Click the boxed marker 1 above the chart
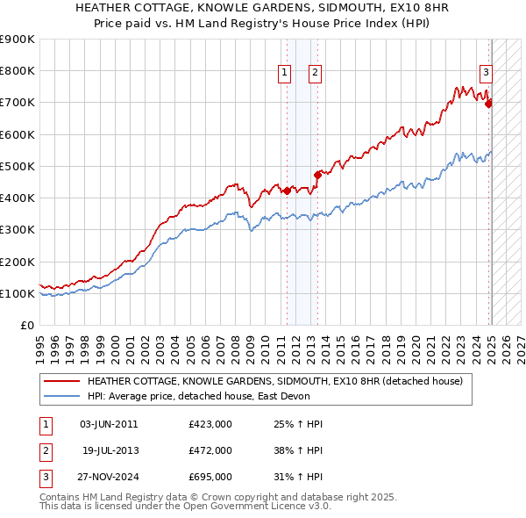click(286, 74)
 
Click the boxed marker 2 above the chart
click(315, 74)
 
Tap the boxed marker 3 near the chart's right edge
click(486, 74)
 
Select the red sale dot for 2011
click(287, 190)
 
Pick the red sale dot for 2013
click(317, 175)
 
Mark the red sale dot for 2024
click(489, 104)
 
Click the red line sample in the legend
click(62, 382)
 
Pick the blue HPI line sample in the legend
click(62, 396)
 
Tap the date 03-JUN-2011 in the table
click(109, 424)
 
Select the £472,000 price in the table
click(210, 450)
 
